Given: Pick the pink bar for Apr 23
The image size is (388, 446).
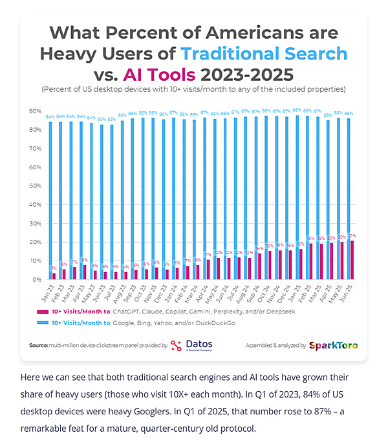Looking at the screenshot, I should [x=85, y=272].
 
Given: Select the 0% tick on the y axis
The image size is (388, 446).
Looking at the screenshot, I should [x=36, y=280].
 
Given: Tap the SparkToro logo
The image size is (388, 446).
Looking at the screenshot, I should [x=334, y=346].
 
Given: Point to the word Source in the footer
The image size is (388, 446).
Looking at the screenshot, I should [x=38, y=346].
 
